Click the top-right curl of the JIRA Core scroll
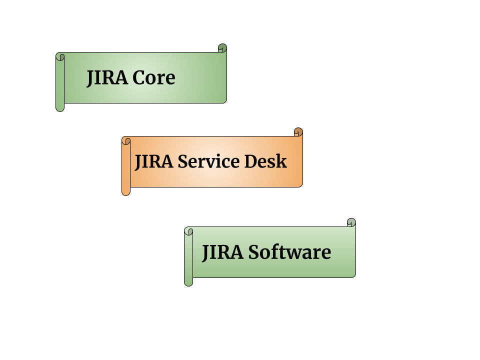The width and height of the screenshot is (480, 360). click(x=222, y=48)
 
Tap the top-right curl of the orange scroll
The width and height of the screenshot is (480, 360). click(x=298, y=132)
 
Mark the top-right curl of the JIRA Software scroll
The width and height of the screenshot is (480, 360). click(x=351, y=222)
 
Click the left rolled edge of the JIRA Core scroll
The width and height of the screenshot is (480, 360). click(x=60, y=85)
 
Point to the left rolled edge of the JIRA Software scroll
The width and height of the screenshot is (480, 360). click(x=188, y=260)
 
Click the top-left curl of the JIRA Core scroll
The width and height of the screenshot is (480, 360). click(x=60, y=56)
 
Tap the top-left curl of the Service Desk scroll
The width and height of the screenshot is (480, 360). click(x=126, y=141)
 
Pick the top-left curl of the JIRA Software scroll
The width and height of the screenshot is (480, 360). click(x=189, y=231)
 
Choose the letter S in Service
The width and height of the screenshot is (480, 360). click(x=183, y=162)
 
